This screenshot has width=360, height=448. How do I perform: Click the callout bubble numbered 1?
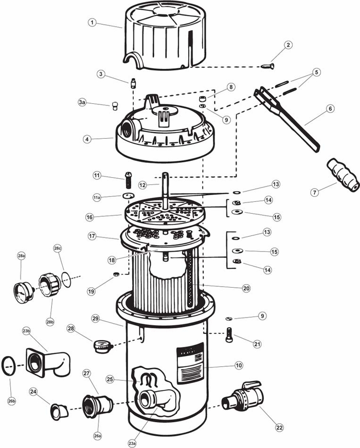(92, 22)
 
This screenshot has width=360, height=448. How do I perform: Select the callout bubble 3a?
(82, 103)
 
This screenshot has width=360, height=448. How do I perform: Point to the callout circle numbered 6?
(330, 108)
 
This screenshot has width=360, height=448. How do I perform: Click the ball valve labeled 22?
(243, 397)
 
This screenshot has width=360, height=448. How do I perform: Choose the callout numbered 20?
(246, 289)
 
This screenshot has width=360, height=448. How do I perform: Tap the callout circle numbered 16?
(91, 217)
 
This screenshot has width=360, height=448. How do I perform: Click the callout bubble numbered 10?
(239, 365)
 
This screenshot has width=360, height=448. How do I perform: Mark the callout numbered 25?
(110, 379)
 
